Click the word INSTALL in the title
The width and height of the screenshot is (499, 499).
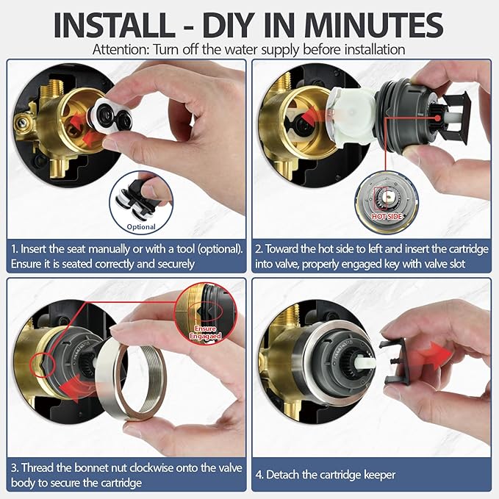(x=114, y=25)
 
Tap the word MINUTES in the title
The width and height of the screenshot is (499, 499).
(x=373, y=25)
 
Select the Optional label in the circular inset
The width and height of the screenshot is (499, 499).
(x=141, y=226)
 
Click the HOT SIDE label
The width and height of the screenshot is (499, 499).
(x=387, y=216)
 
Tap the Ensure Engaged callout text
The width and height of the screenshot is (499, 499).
(x=205, y=332)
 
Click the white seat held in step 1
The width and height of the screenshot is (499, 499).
(x=110, y=115)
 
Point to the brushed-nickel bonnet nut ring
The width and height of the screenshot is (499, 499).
(x=131, y=382)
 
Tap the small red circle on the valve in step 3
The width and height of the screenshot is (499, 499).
(x=43, y=365)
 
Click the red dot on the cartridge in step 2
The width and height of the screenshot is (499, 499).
(x=438, y=118)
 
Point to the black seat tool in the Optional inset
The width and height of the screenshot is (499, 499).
(x=140, y=195)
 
